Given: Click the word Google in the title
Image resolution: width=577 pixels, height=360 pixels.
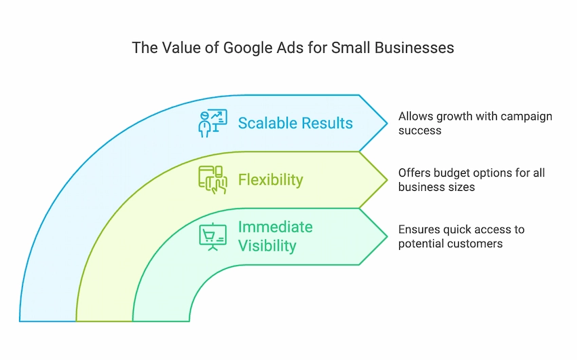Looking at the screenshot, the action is (x=246, y=48).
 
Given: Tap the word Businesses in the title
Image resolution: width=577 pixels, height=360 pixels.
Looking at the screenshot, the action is (x=414, y=48).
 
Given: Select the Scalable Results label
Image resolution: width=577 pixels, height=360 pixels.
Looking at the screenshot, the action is (x=295, y=124).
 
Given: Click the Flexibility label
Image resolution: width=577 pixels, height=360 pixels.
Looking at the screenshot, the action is (x=270, y=180).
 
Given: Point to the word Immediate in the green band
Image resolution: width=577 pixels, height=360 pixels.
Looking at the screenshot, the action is (x=275, y=227).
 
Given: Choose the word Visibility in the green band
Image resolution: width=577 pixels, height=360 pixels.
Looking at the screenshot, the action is (x=267, y=246).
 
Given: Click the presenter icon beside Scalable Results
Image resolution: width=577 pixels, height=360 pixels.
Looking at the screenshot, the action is (x=212, y=124).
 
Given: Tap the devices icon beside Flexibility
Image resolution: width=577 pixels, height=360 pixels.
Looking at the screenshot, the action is (x=212, y=180).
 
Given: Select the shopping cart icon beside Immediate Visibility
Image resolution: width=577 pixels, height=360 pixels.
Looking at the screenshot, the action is (x=212, y=236).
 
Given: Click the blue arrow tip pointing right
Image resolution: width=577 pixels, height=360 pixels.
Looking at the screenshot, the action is (x=387, y=124).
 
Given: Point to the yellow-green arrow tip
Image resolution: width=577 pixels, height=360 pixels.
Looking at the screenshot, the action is (x=387, y=180).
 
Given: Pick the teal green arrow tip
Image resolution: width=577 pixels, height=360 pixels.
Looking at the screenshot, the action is (x=387, y=236).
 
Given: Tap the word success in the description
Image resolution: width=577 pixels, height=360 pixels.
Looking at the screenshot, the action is (x=420, y=130).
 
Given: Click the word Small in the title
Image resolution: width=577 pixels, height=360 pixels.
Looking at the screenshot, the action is (x=351, y=48).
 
